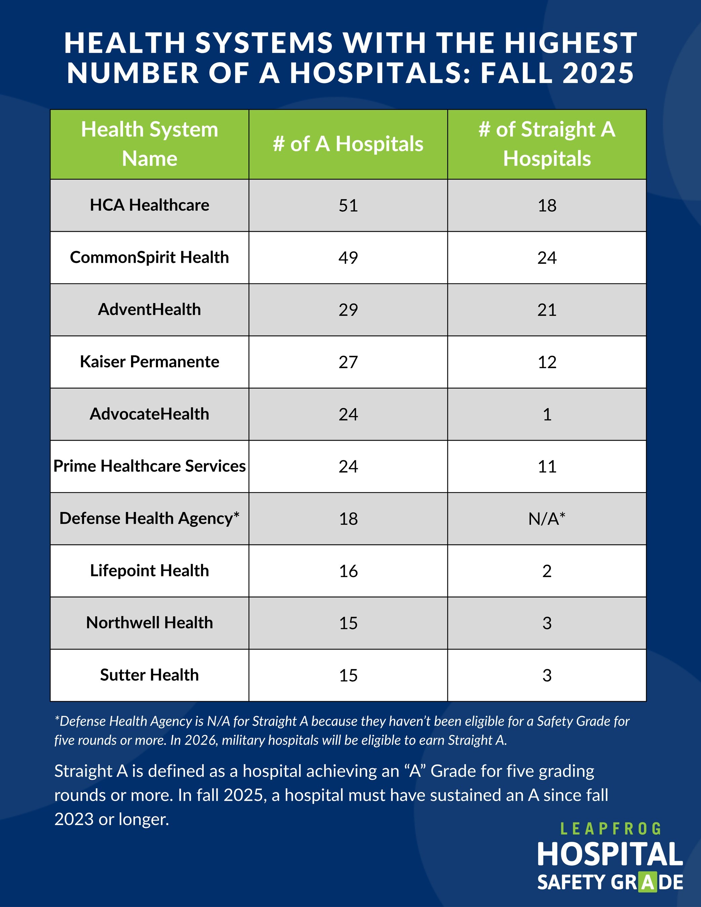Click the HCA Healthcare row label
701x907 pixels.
tap(149, 205)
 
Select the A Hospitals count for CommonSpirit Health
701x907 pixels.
tap(348, 257)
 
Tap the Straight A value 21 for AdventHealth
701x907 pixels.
tap(546, 310)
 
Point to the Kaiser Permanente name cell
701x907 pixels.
tap(149, 362)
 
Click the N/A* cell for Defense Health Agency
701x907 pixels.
tap(546, 519)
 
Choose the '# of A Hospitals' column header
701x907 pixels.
tap(348, 144)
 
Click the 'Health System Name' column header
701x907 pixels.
tap(149, 144)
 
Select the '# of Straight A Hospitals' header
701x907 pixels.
tap(546, 144)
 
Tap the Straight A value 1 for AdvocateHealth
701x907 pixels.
tap(547, 414)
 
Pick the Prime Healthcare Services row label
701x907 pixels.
tap(149, 466)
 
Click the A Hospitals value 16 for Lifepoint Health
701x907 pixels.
tap(348, 571)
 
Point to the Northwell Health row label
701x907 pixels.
tap(149, 623)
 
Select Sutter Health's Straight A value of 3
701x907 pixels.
tap(546, 675)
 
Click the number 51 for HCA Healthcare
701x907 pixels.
tap(348, 205)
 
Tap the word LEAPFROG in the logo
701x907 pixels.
tap(610, 829)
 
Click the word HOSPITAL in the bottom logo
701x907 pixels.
tap(610, 854)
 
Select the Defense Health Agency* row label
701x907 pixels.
tap(149, 518)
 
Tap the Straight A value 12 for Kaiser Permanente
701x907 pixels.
tap(546, 362)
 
